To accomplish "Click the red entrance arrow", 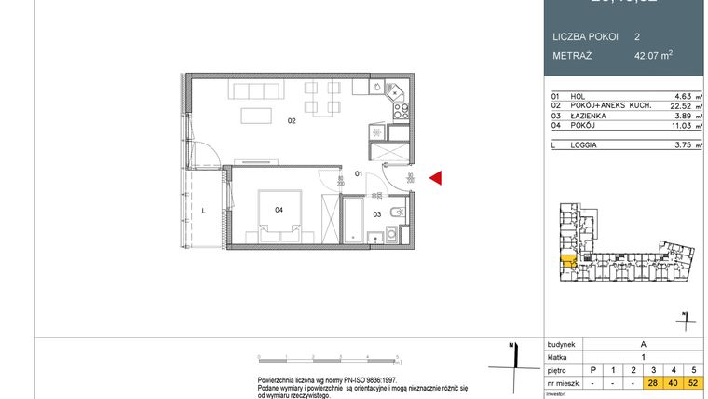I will pos(435,178).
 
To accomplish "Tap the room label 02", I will pos(292,120).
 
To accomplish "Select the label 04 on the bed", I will pos(279,210).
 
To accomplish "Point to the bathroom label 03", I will pos(377,214).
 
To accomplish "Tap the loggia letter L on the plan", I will pos(203,211).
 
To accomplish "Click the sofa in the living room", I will pos(252,91).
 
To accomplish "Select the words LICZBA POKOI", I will pos(583,37).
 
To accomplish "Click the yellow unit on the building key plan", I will pos(565,260).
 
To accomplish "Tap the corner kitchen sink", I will pos(394,90).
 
